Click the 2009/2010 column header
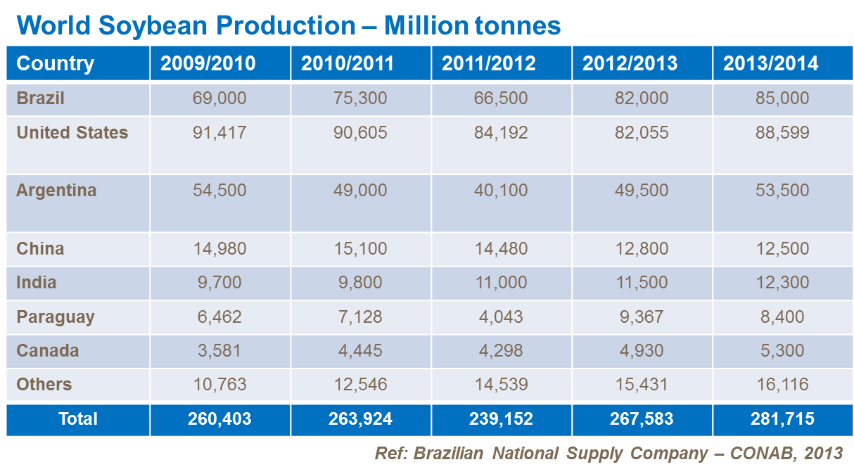click(208, 64)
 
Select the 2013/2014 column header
click(771, 64)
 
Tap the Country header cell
click(56, 64)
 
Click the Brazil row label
click(41, 98)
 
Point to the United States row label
click(72, 133)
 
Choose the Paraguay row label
click(56, 317)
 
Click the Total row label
click(78, 419)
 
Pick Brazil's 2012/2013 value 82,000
click(642, 98)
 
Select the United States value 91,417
click(219, 133)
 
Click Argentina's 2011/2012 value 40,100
click(501, 191)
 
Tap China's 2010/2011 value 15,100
click(360, 249)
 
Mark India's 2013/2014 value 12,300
click(782, 283)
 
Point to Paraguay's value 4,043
click(501, 317)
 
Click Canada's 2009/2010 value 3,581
click(219, 351)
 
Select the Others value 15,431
click(642, 385)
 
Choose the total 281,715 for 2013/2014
click(782, 419)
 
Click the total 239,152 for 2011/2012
click(501, 419)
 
